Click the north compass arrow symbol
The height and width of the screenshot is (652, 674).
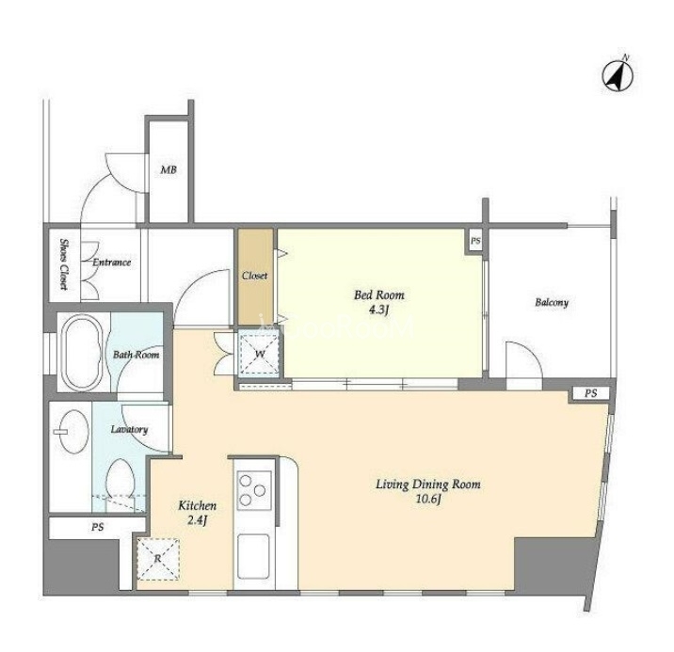point(618,76)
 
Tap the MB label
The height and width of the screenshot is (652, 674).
point(168,170)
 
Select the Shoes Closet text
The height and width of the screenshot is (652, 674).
point(64,264)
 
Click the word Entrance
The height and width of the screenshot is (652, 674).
point(112,262)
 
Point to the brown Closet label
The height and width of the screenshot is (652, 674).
point(254,276)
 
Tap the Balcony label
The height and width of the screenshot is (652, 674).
point(552,302)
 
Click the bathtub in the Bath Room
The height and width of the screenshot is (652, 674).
point(82,353)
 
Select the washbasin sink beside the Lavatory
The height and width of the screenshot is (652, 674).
point(72,431)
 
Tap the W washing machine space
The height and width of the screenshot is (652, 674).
point(260,354)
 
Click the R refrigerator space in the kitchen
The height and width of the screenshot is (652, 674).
point(158,559)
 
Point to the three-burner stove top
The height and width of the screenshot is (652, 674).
point(254,490)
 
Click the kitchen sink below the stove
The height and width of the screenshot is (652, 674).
point(254,556)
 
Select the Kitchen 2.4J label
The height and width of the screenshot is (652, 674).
point(198,513)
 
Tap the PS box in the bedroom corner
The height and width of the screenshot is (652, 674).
point(475,241)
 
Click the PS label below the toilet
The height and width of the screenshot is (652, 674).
point(98,527)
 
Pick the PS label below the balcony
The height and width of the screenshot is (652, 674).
point(591,393)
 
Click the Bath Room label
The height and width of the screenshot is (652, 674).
point(136,355)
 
